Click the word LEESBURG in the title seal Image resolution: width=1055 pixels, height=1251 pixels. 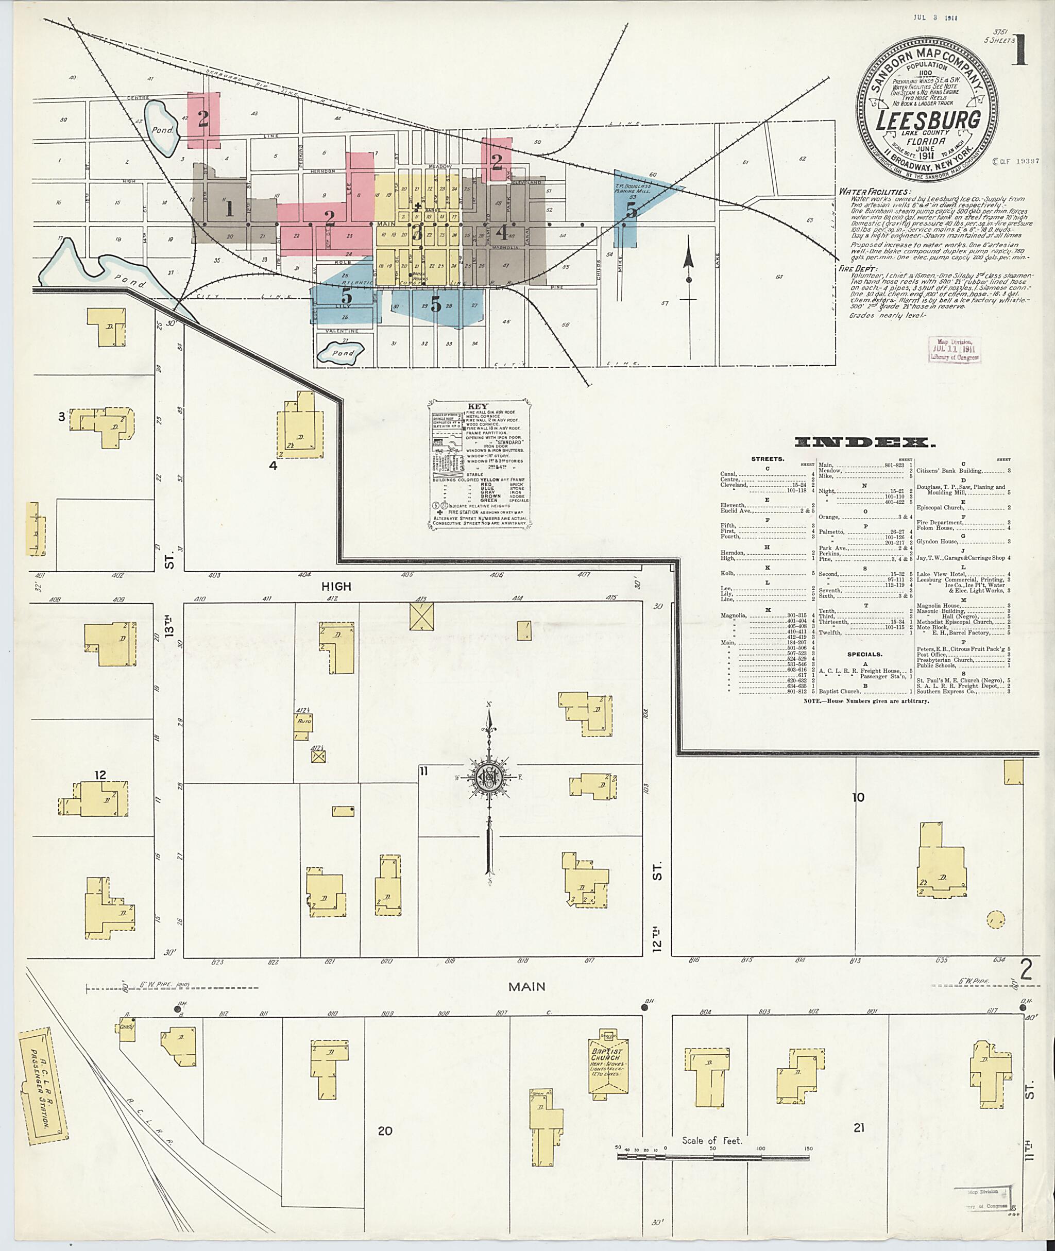(x=928, y=121)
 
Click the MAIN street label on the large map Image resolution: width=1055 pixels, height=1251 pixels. (x=526, y=987)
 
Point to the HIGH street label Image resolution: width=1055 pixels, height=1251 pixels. (x=337, y=587)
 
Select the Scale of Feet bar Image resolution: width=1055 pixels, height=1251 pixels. (x=713, y=1157)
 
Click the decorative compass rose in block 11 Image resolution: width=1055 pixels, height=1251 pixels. (x=489, y=777)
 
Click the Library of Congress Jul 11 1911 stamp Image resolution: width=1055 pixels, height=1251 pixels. (x=955, y=349)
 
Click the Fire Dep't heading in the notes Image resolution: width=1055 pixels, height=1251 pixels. (x=854, y=269)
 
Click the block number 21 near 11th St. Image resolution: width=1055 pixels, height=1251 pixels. (x=859, y=1128)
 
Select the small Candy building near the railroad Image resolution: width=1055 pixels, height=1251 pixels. (x=127, y=1026)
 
